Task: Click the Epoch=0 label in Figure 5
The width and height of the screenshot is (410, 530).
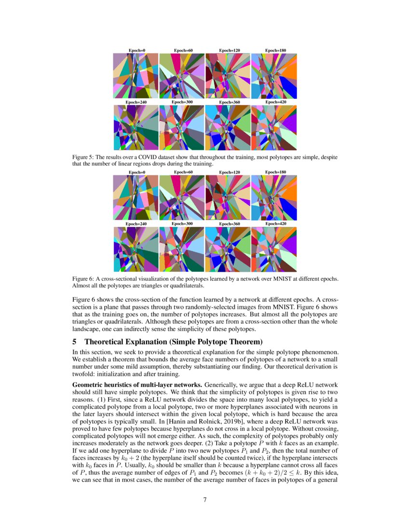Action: [137, 51]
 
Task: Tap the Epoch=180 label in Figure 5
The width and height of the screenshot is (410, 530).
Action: [275, 51]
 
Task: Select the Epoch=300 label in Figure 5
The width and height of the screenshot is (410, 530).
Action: [183, 102]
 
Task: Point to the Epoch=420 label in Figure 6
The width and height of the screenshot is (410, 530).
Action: [275, 224]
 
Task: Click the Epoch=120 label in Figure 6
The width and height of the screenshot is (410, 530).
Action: [230, 172]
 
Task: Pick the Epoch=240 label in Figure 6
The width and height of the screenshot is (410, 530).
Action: [137, 224]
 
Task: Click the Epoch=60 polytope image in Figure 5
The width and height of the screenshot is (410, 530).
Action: [182, 76]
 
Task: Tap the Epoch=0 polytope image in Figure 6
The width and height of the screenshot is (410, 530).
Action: [136, 198]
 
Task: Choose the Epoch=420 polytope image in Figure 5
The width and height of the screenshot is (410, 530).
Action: [274, 128]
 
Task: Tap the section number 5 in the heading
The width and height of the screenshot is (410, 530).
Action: [74, 343]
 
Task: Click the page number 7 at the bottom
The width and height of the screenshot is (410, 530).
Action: [205, 499]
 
